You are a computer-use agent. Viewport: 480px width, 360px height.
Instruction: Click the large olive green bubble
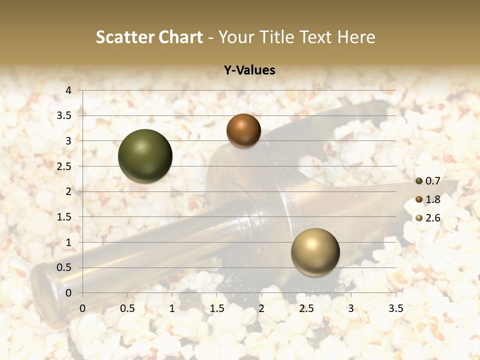145,156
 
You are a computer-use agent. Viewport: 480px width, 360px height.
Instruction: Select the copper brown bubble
243,130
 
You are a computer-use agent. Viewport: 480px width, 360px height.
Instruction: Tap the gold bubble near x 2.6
315,252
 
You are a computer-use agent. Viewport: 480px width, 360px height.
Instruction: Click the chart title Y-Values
249,70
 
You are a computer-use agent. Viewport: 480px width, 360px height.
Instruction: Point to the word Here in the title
356,37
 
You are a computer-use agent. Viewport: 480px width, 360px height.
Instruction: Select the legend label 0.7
433,180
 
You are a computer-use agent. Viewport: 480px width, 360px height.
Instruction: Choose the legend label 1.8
433,199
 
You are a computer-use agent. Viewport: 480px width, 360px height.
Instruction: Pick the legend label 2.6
433,217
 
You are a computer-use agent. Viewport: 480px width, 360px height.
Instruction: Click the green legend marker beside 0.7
419,180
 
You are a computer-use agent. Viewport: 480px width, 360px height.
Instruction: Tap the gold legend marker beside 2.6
419,217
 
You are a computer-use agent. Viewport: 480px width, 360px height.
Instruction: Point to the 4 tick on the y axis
69,90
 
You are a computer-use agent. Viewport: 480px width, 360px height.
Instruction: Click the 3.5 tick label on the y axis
64,115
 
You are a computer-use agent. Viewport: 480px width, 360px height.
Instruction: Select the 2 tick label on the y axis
69,191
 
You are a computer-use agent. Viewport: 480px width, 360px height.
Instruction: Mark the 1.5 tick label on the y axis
64,217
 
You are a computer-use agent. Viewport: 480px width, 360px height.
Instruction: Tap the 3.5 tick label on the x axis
395,308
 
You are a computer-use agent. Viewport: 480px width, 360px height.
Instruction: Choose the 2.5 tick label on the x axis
306,308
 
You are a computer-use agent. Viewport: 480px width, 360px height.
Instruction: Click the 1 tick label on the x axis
172,308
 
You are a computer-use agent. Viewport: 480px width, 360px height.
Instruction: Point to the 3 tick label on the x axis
351,308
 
